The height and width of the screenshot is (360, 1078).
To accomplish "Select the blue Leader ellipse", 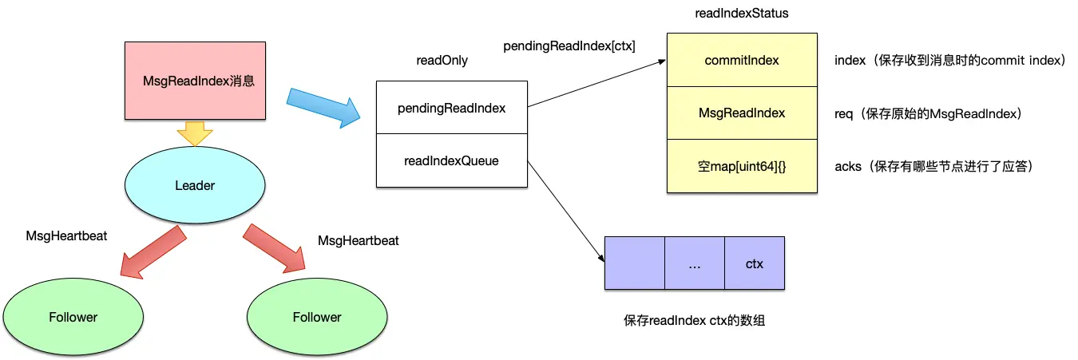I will [195, 185].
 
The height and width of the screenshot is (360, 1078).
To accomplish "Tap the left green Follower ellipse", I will [73, 317].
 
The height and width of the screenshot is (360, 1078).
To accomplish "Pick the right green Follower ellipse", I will [316, 317].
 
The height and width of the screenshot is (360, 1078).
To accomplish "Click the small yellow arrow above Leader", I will [195, 133].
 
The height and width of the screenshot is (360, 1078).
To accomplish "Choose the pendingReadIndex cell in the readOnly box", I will [451, 108].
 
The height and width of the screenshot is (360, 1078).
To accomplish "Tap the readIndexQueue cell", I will [451, 160].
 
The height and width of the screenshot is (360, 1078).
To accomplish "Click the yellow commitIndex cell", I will [742, 60].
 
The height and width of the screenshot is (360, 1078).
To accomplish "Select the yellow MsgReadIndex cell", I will [742, 113].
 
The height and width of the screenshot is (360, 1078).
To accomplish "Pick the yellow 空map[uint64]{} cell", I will [742, 166].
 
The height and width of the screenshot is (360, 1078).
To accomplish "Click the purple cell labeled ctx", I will [755, 263].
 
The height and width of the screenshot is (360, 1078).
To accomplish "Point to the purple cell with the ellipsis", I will [694, 263].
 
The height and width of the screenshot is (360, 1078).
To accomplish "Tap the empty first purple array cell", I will [634, 263].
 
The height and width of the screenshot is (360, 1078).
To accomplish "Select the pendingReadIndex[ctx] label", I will [569, 45].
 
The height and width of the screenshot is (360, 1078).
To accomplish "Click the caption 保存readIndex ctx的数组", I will [695, 321].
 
